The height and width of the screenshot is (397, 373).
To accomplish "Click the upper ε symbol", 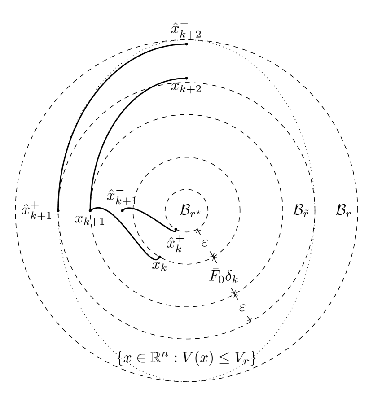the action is (205, 243).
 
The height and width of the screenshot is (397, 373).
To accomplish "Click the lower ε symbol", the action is (242, 308).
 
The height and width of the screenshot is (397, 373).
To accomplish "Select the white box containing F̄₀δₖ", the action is (224, 275).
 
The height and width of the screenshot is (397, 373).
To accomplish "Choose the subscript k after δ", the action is (235, 280).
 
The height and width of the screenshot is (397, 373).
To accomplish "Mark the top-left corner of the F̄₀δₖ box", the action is (204, 263).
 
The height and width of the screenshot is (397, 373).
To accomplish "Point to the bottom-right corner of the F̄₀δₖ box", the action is (244, 288).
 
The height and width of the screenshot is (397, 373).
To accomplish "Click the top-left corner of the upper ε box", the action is (197, 235).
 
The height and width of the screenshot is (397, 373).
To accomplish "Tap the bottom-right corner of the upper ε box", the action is (214, 251).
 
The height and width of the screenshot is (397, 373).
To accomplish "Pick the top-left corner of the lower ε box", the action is (234, 300).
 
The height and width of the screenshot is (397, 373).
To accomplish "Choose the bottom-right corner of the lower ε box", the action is (251, 316).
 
